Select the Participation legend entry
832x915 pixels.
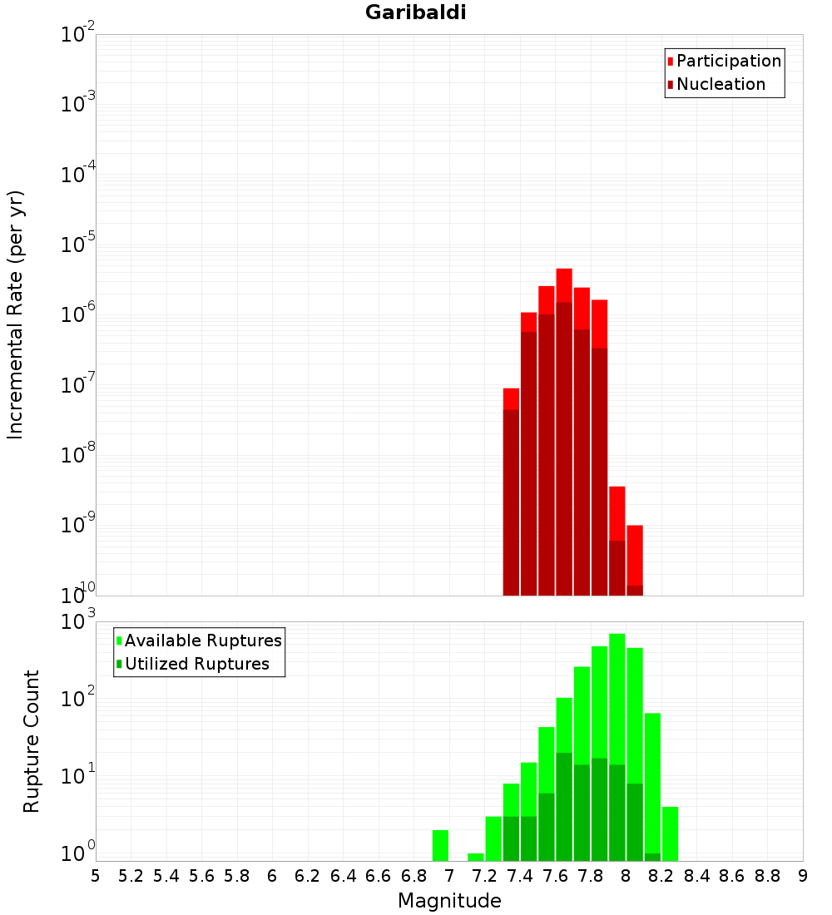tap(729, 61)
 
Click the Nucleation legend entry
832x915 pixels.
tap(721, 84)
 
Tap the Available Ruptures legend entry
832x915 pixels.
tap(203, 640)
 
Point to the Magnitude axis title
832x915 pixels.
tap(449, 901)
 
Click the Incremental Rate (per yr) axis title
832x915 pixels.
tap(16, 315)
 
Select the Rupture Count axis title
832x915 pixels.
tap(32, 740)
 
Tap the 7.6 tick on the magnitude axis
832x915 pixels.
tap(555, 876)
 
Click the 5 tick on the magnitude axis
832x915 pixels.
tap(96, 876)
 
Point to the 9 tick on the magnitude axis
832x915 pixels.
tap(803, 876)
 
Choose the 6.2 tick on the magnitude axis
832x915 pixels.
tap(308, 876)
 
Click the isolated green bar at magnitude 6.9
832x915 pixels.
tap(440, 845)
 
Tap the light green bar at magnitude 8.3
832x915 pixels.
tap(670, 833)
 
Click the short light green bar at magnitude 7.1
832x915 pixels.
tap(475, 857)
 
